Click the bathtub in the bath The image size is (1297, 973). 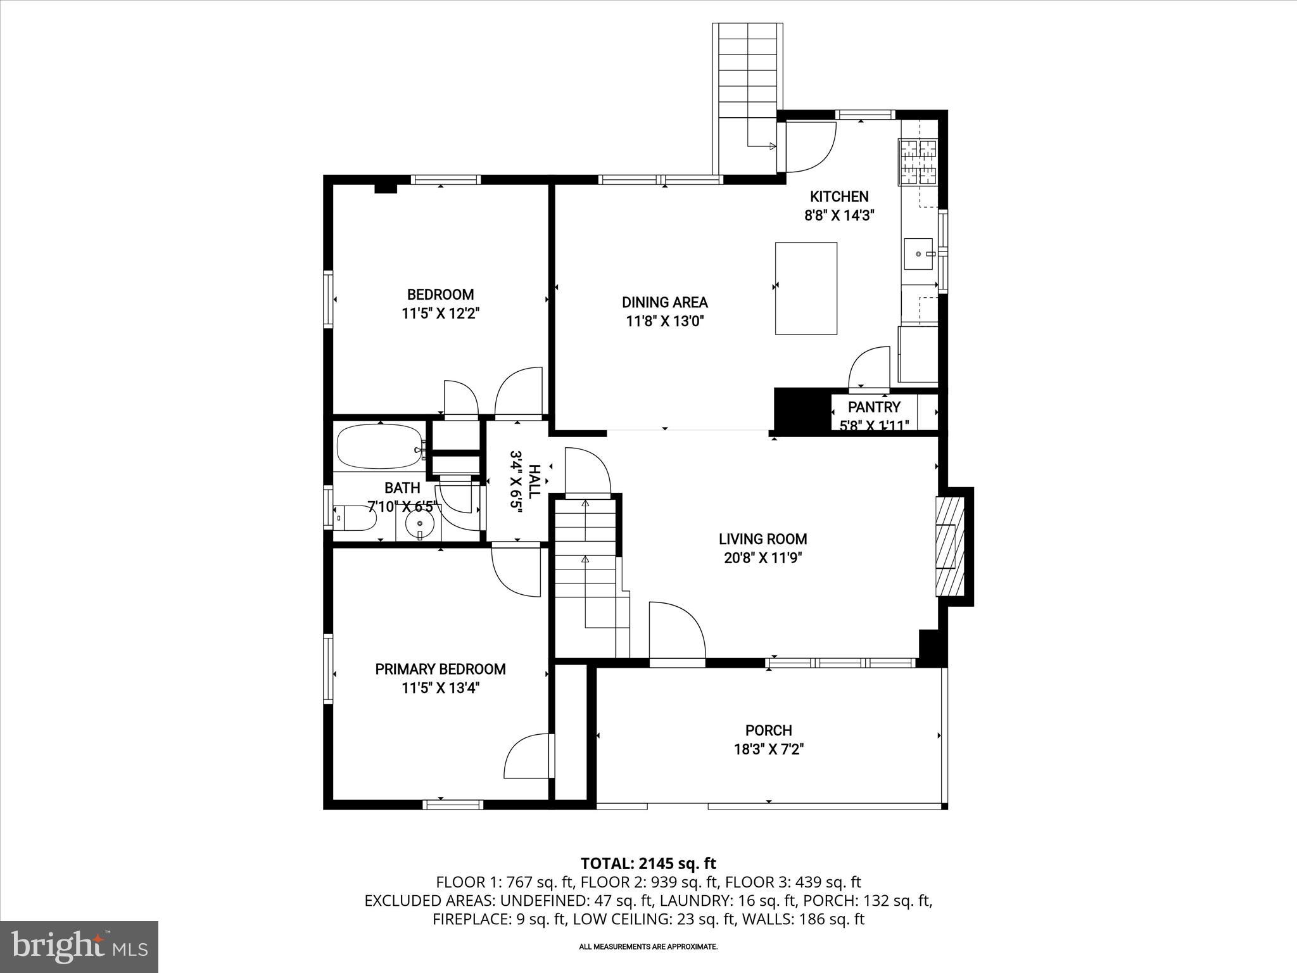pyautogui.click(x=379, y=447)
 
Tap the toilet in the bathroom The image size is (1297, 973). pyautogui.click(x=355, y=518)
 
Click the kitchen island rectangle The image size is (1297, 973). pyautogui.click(x=806, y=288)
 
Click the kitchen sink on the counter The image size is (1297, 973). pyautogui.click(x=918, y=253)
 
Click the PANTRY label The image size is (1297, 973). pyautogui.click(x=874, y=407)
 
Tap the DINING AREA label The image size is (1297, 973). pyautogui.click(x=664, y=303)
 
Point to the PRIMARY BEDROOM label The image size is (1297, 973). pyautogui.click(x=440, y=669)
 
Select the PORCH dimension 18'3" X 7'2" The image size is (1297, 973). pyautogui.click(x=768, y=749)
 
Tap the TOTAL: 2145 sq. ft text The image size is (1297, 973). pyautogui.click(x=648, y=863)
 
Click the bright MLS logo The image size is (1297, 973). pyautogui.click(x=79, y=947)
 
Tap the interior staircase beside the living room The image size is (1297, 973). pyautogui.click(x=586, y=570)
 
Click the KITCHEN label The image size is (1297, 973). pyautogui.click(x=839, y=196)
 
